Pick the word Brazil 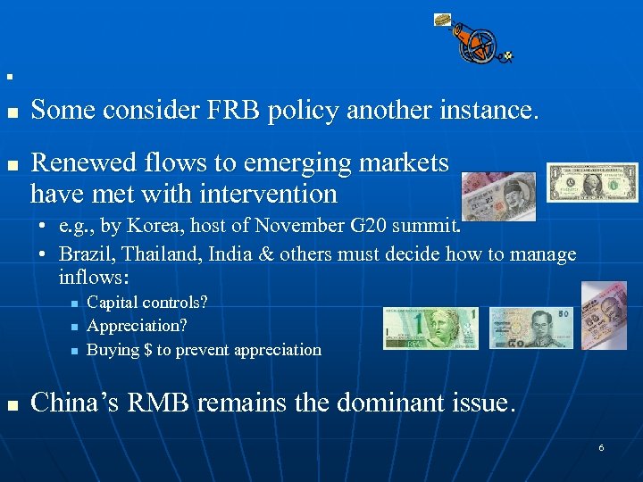tap(85, 254)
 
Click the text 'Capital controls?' tap(147, 303)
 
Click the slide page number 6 tap(601, 447)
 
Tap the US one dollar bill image tap(592, 182)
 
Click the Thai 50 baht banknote tap(533, 328)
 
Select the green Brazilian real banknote tap(430, 328)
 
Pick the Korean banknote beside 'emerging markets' tap(499, 195)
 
